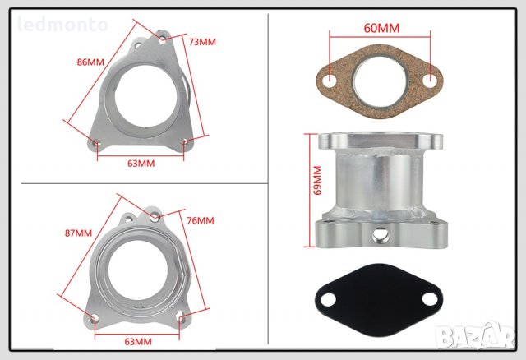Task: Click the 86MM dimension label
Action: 90,62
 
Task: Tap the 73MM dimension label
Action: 202,42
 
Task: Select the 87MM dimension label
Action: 78,233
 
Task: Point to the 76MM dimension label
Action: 201,220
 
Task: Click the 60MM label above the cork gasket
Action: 381,28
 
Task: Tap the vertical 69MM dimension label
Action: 317,180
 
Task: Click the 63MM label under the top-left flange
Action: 141,164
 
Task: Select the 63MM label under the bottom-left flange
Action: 138,342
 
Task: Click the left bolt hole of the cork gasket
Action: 330,81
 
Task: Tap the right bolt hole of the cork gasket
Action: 429,81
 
